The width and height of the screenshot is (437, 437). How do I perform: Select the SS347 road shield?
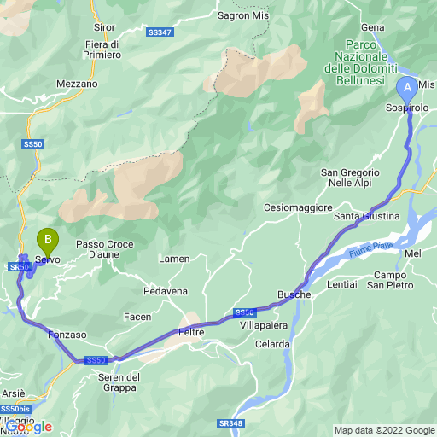[x=159, y=32]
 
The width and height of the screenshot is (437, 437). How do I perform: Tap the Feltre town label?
[x=191, y=331]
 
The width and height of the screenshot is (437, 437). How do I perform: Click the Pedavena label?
[x=165, y=291]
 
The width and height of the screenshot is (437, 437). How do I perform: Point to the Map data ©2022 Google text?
[x=383, y=430]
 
